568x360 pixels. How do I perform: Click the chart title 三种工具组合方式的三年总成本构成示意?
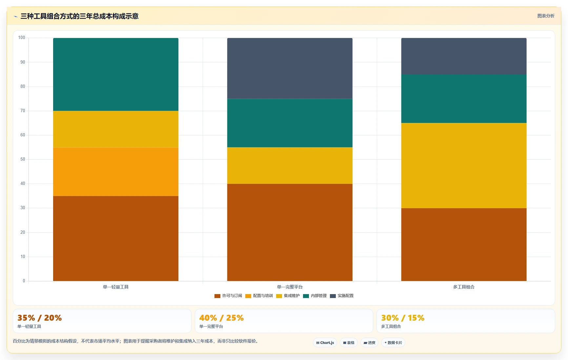point(79,16)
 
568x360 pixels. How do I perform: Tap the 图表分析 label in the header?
point(546,16)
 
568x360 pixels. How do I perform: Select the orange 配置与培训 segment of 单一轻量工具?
point(116,172)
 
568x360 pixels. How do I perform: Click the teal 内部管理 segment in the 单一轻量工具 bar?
point(116,74)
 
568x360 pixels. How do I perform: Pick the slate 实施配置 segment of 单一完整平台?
point(290,68)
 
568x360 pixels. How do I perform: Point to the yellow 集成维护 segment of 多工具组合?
point(464,166)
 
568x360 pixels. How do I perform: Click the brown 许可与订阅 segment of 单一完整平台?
point(290,232)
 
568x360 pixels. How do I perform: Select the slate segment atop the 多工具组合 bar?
point(464,56)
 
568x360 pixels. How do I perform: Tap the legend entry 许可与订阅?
point(228,296)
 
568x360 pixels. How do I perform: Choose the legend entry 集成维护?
point(288,296)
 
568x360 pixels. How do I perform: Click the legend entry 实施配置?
point(342,296)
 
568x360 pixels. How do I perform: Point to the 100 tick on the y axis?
point(22,38)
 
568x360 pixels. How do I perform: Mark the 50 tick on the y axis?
point(23,159)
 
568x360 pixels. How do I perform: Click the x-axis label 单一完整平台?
point(290,287)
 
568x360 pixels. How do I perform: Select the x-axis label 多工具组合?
point(464,287)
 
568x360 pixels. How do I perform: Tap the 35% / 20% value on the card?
point(40,318)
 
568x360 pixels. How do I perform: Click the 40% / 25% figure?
point(222,318)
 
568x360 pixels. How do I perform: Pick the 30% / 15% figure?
point(403,318)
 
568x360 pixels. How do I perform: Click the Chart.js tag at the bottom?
point(325,343)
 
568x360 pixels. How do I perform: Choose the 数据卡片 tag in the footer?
point(393,343)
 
